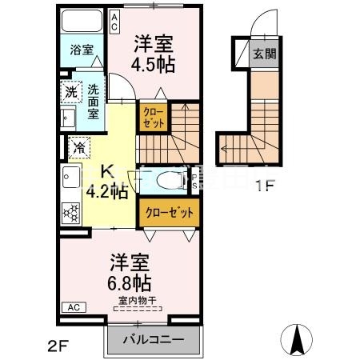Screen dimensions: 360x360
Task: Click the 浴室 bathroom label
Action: coord(80,49)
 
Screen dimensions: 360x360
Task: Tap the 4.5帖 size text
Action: coord(155,66)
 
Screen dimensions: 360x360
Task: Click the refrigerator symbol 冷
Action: coord(79,147)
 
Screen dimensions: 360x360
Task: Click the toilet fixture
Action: coord(167,182)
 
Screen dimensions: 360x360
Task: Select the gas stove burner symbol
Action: coord(71,212)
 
